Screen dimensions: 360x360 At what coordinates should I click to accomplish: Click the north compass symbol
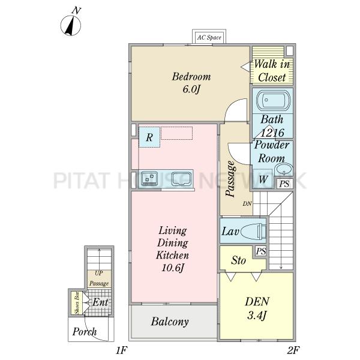71,25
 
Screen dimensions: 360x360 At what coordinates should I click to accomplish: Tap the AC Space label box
209,37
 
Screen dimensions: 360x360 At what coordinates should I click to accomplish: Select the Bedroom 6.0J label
191,83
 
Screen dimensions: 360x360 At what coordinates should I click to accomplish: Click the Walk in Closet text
272,71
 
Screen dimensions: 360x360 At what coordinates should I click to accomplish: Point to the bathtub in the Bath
273,100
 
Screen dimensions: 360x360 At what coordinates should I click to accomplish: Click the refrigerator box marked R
149,137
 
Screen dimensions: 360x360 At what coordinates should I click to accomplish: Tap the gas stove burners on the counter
149,178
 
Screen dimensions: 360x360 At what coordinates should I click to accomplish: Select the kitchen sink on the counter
182,179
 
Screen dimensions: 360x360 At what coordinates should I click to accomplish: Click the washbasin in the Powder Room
284,170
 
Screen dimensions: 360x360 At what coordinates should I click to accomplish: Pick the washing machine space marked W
263,178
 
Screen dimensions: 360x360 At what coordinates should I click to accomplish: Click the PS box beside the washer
284,184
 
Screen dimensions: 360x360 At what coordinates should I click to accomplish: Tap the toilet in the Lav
253,231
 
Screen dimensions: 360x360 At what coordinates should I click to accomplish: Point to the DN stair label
247,203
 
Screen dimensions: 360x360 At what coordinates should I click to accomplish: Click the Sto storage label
238,260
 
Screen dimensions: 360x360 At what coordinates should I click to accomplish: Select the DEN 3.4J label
257,308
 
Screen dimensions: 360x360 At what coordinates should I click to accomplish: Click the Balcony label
170,322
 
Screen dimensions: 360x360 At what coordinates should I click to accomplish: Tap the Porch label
85,332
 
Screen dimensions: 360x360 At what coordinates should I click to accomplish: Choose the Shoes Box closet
77,302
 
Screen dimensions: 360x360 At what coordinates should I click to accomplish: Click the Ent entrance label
100,302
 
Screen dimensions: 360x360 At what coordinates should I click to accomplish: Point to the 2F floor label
293,350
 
